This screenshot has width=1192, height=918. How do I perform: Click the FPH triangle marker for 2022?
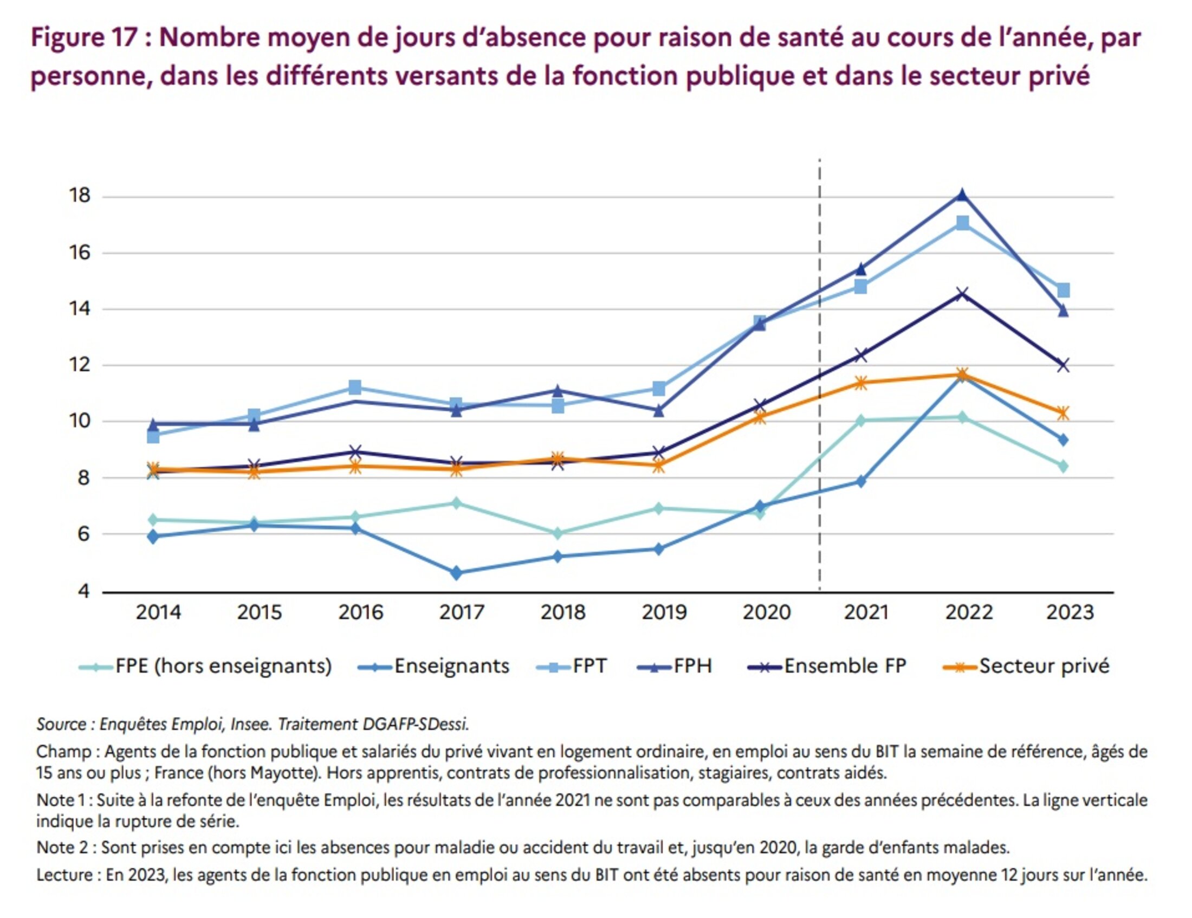(962, 195)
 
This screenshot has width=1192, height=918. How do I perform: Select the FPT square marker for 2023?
(1063, 290)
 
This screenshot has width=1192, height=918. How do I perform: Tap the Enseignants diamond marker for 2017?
(456, 573)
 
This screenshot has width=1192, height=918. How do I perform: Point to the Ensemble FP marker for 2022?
(962, 294)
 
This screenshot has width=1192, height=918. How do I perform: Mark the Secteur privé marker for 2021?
(861, 383)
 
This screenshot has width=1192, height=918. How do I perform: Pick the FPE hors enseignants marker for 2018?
(557, 533)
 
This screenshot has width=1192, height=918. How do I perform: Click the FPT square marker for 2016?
(355, 387)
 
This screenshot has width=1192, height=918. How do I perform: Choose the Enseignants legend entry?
(434, 667)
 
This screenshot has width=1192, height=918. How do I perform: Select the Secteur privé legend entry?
(1026, 667)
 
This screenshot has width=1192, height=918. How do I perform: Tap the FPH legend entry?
(675, 667)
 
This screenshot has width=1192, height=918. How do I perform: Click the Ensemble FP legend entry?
(826, 667)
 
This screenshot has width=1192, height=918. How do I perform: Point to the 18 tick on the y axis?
(80, 196)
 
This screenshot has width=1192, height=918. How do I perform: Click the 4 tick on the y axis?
(83, 591)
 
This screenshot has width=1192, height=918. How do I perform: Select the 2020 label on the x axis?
(766, 612)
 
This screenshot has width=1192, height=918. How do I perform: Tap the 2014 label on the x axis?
(158, 612)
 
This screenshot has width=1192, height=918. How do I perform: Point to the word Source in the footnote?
(61, 724)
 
